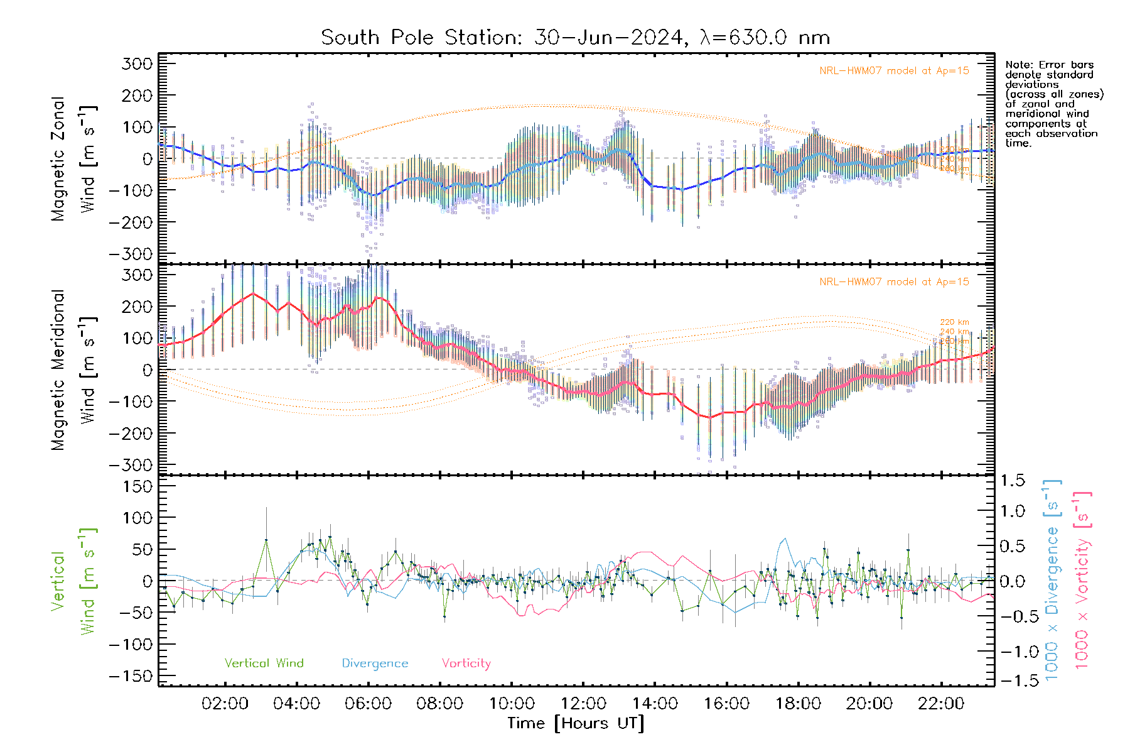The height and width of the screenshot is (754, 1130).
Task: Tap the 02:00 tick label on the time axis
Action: [225, 704]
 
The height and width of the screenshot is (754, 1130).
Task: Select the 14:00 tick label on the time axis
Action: [655, 704]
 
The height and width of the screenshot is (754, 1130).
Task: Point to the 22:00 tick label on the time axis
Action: [941, 704]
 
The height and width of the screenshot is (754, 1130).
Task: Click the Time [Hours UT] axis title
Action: [576, 723]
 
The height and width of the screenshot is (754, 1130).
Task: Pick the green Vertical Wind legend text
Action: [264, 664]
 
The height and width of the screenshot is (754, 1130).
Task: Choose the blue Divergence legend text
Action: [375, 664]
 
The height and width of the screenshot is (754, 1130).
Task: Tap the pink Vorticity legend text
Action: [466, 664]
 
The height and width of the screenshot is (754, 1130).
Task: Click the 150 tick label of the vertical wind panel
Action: [137, 486]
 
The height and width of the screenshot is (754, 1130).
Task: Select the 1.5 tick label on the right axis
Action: [1013, 481]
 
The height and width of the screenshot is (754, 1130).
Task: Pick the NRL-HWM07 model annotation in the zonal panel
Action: [894, 71]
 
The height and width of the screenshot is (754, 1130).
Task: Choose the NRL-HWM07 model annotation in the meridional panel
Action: [894, 282]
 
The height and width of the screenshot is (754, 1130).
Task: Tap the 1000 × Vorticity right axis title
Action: [1082, 579]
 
